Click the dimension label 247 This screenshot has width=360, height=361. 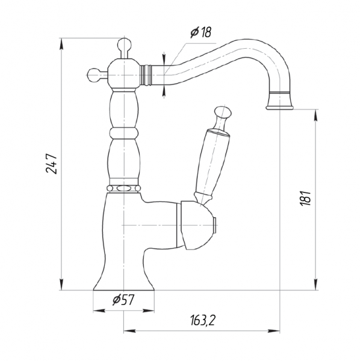pos(51,164)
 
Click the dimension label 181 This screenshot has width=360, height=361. pos(306,198)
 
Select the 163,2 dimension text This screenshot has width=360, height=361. pos(203,320)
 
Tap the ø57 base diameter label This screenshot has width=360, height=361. pos(123,300)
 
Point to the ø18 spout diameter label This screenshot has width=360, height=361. pos(200,32)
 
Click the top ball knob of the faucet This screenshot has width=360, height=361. pos(125,45)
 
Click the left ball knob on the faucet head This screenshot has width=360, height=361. pos(94,75)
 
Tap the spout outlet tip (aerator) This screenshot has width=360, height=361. pos(279,101)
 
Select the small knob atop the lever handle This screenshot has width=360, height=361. pos(223,113)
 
